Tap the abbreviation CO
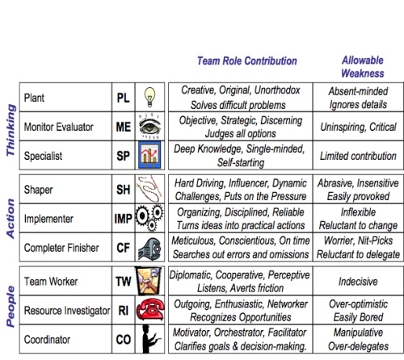118,339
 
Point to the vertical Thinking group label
10,124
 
